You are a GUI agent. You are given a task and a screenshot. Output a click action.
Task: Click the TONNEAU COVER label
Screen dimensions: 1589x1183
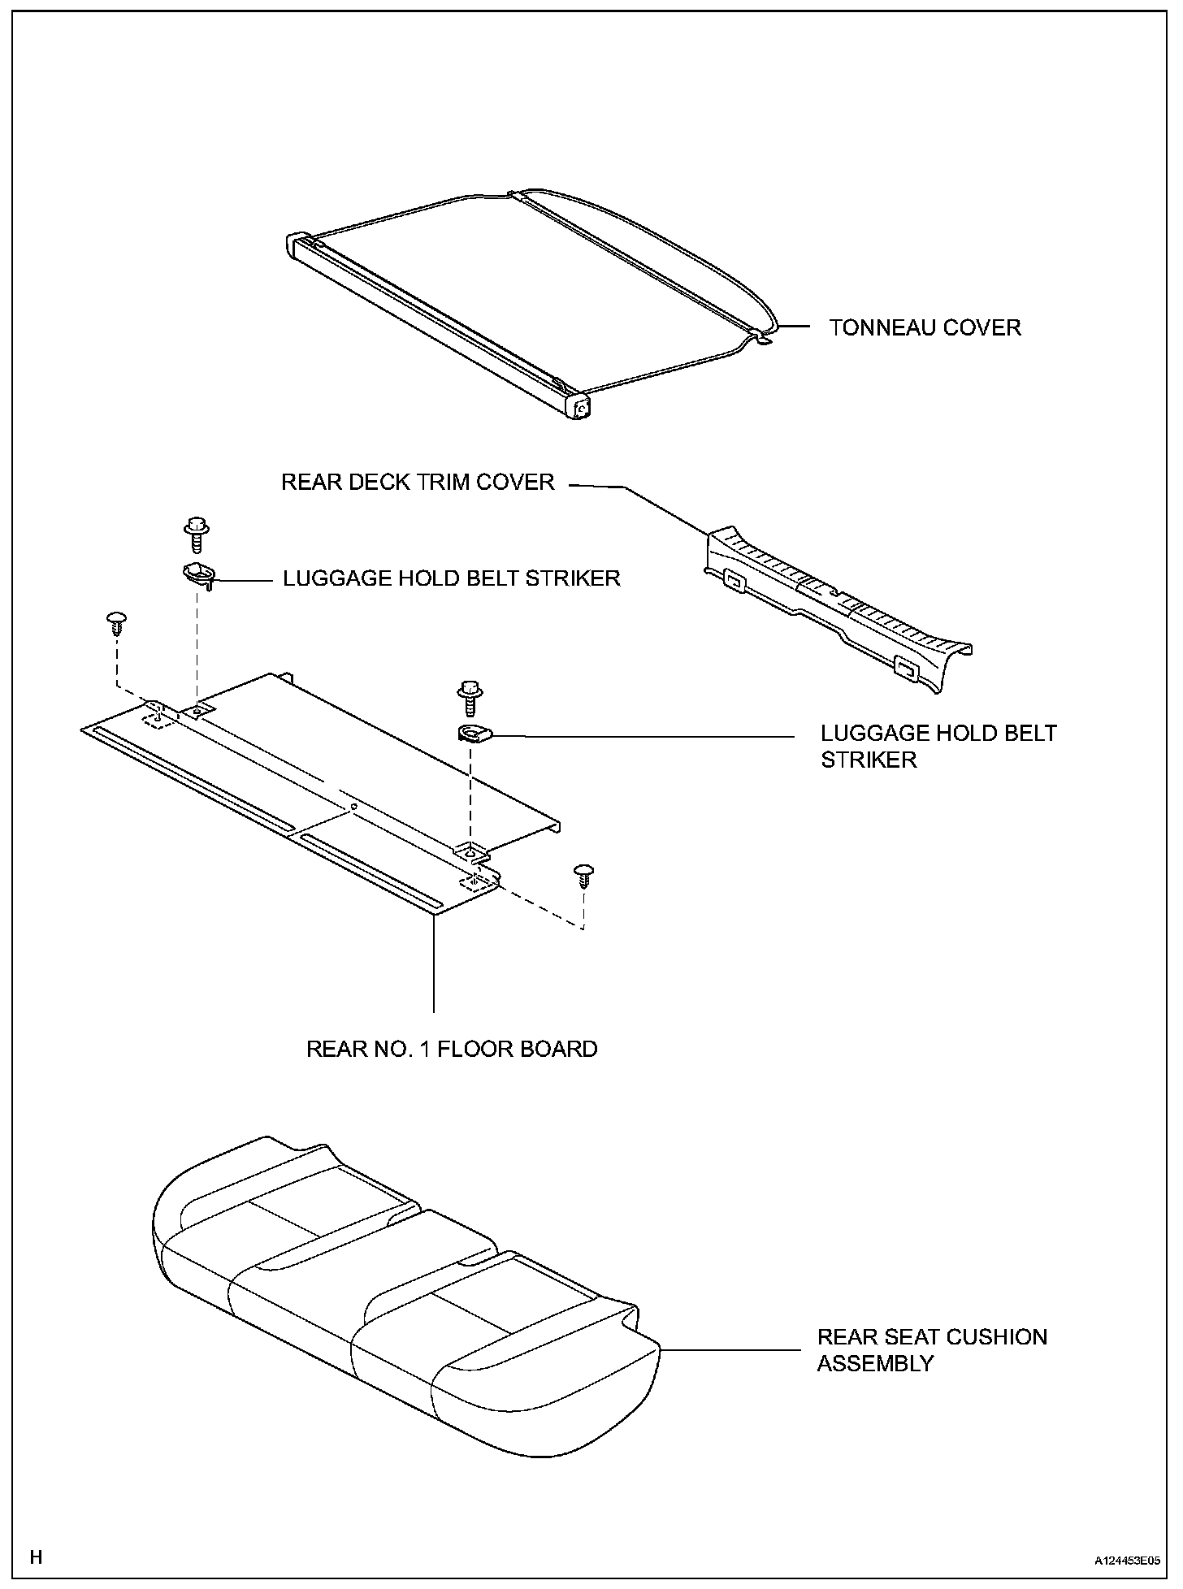[x=925, y=328]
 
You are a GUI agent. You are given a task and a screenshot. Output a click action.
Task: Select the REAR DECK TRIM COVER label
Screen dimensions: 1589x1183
[x=418, y=483]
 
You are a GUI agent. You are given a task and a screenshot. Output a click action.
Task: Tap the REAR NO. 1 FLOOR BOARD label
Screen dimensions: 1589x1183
[x=452, y=1049]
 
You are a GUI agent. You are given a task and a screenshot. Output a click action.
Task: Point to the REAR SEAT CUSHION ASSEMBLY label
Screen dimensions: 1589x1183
[x=932, y=1350]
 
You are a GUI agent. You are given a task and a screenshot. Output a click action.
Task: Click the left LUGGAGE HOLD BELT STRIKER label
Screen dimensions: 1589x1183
[x=451, y=578]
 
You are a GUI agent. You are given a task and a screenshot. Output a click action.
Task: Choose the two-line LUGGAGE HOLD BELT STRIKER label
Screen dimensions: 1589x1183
[x=938, y=747]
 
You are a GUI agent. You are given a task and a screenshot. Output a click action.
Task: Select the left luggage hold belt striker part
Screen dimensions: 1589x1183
[x=198, y=574]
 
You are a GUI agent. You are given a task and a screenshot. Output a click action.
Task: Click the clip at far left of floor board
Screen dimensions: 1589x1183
[x=117, y=624]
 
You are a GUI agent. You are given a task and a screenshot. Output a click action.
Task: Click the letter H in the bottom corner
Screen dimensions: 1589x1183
[x=37, y=1557]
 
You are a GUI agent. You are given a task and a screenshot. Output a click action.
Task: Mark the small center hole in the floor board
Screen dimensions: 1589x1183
[x=353, y=807]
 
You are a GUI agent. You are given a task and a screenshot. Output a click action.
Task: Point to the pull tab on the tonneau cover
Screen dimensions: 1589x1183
[x=762, y=336]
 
